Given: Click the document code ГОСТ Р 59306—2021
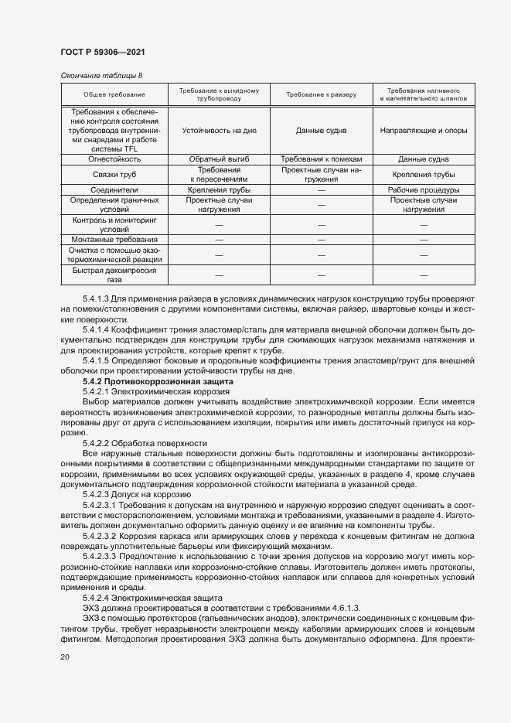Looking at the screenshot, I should tap(103, 51).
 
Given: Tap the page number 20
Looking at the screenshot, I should tap(65, 656).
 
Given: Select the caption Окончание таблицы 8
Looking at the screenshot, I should tap(101, 75).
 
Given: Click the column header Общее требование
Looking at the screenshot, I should tap(114, 94).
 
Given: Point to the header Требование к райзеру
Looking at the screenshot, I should tap(321, 94).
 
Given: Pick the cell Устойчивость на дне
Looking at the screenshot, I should tap(218, 131).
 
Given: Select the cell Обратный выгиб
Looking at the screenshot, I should tap(218, 159).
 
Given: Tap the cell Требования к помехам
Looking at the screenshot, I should tap(321, 159).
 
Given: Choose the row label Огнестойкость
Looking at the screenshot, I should tap(114, 159).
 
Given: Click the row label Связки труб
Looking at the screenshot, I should tap(114, 174).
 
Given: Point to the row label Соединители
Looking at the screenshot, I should tap(114, 189).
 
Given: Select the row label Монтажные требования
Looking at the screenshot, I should tap(114, 240).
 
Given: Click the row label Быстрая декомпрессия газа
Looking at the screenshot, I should tap(114, 275).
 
